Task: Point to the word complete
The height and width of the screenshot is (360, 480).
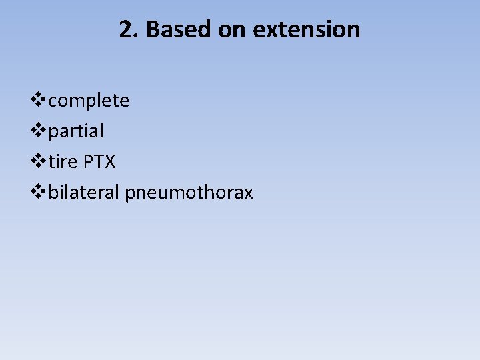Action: pos(89,101)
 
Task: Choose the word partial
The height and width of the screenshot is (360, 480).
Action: pos(76,131)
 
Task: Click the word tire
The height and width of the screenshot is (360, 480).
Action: pos(63,162)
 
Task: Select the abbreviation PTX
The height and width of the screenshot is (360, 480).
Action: pos(99,162)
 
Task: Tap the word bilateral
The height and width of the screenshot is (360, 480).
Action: pos(84,193)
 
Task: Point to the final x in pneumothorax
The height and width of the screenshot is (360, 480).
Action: pos(249,193)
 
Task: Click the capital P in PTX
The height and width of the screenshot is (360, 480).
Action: pos(88,162)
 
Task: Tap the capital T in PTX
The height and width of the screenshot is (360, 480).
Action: pos(99,162)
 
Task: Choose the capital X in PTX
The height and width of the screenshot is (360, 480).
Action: pos(110,162)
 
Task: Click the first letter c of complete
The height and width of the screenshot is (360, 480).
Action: pos(53,101)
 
